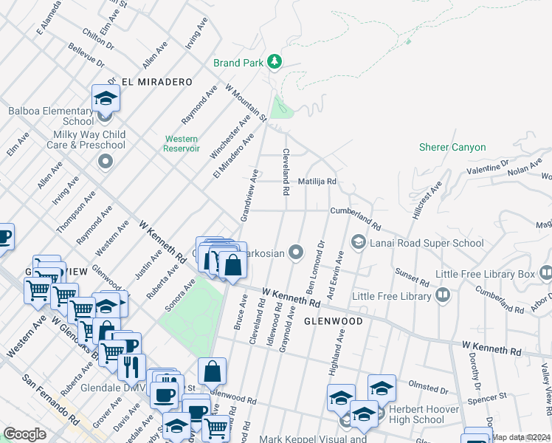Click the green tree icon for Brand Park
(x=275, y=61)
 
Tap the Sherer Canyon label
(x=452, y=147)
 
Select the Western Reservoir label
(x=181, y=143)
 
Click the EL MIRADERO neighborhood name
(x=156, y=82)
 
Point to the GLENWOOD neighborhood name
(x=333, y=321)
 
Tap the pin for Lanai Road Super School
(x=358, y=242)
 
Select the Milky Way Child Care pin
(x=106, y=162)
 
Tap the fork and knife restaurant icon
(x=131, y=365)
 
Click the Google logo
(x=24, y=434)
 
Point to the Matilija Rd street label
(x=317, y=181)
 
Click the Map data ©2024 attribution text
(x=521, y=437)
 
